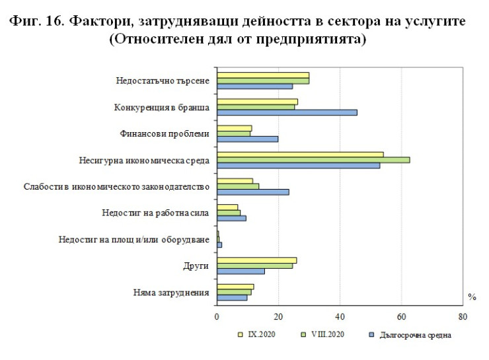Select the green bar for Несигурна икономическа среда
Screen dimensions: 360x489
[x=313, y=160]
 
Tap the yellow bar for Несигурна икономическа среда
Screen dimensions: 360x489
[x=300, y=155]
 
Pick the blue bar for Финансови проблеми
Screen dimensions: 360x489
[x=247, y=139]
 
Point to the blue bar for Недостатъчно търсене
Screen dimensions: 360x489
[x=254, y=87]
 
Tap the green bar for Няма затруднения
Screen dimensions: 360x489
[x=234, y=292]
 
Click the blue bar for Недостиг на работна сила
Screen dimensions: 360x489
[x=231, y=218]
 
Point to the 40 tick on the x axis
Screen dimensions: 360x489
[x=340, y=316]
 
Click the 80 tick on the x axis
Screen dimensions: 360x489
[x=463, y=316]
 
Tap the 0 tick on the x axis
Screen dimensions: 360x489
[x=217, y=316]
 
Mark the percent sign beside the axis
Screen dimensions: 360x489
[x=472, y=297]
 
